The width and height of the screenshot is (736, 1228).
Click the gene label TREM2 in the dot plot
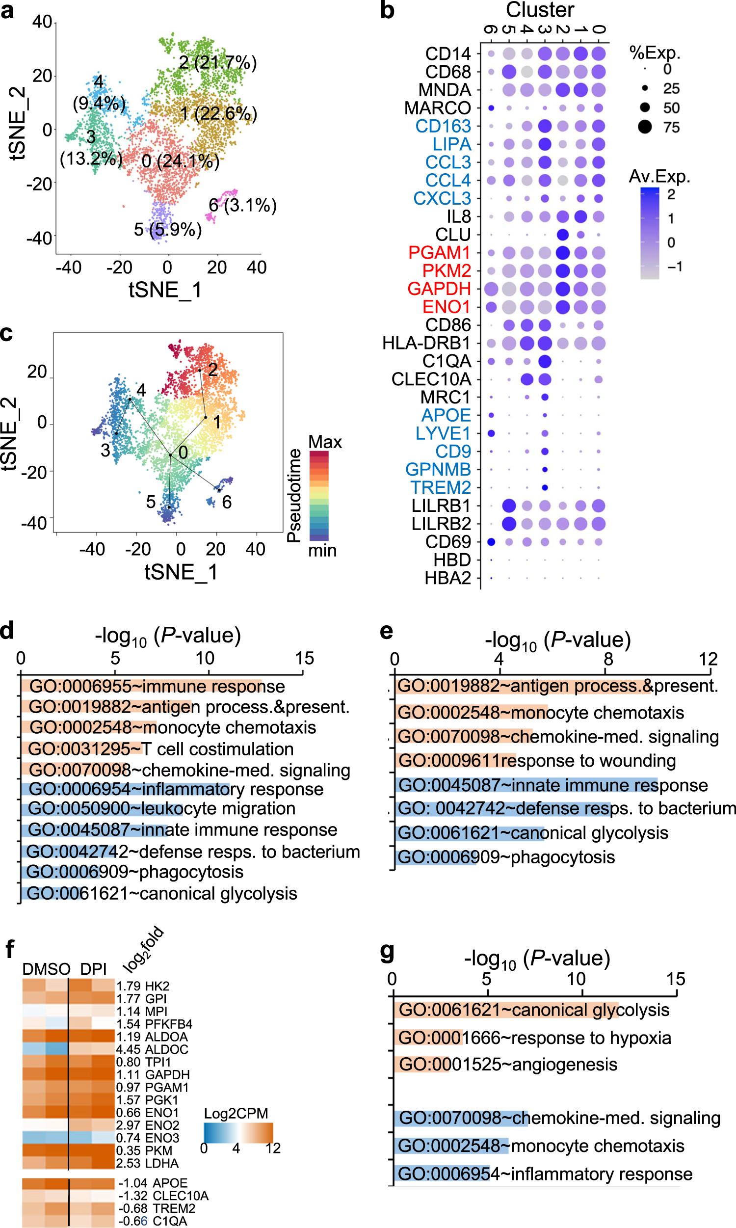441,487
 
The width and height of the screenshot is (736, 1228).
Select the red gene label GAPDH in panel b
439,289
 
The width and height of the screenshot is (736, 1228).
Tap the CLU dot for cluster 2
562,235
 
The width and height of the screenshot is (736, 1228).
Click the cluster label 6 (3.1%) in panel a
242,205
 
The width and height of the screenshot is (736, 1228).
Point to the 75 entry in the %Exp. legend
671,128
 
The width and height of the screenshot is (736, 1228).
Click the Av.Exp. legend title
659,177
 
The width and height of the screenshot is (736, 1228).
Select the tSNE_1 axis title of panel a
165,290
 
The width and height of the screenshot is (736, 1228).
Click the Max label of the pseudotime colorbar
325,442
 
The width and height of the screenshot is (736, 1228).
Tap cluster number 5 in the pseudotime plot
151,502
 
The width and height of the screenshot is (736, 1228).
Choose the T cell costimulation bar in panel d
82,748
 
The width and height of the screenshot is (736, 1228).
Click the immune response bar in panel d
141,687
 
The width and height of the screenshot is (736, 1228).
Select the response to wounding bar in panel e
455,760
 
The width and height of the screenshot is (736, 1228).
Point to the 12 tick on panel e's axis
708,659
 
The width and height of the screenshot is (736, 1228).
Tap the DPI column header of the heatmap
93,969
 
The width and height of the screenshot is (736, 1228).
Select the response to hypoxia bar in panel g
429,1038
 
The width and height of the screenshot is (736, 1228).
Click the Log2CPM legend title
236,1114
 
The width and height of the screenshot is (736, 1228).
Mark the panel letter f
9,950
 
